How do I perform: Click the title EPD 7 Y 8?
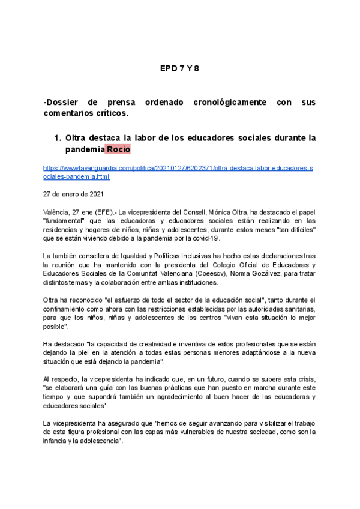pyautogui.click(x=179, y=68)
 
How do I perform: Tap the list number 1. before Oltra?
pyautogui.click(x=58, y=138)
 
